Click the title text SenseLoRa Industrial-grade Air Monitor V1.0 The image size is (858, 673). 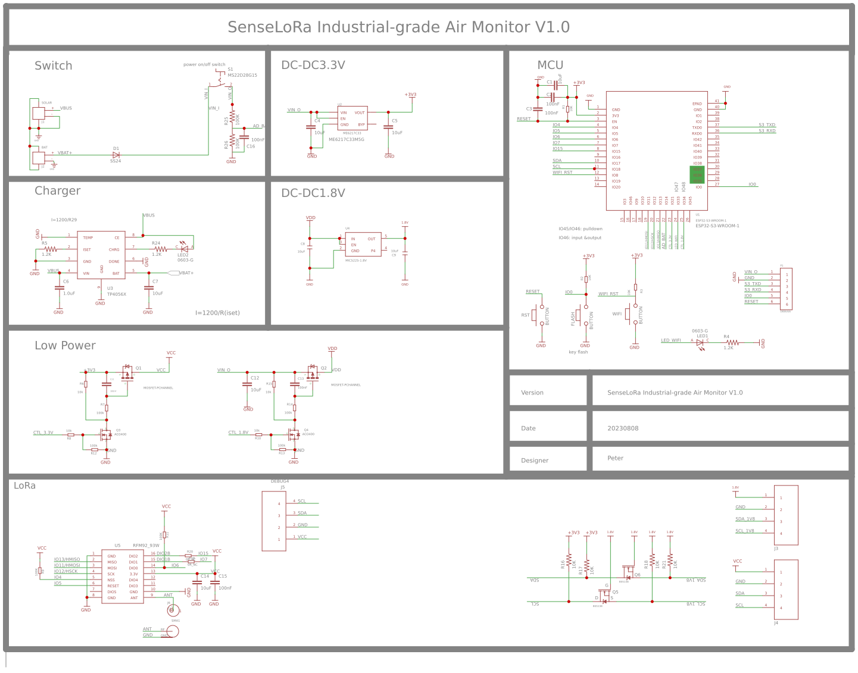tap(398, 27)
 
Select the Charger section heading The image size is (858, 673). tap(57, 191)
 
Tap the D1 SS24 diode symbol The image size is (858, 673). tap(116, 155)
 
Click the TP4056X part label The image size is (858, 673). tap(117, 295)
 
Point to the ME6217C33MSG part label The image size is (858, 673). tap(347, 140)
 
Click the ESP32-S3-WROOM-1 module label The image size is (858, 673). tap(717, 226)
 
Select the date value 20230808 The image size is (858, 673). tap(623, 428)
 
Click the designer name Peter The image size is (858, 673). tap(615, 458)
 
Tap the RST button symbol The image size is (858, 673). tap(538, 315)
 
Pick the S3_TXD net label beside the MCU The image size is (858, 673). tap(766, 125)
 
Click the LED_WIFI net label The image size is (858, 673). tap(670, 341)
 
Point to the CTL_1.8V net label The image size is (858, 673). tap(238, 433)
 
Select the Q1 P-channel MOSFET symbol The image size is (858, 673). tap(127, 373)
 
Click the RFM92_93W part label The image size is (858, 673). tap(146, 545)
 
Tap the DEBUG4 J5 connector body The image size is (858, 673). tap(274, 521)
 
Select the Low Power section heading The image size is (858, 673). tap(65, 346)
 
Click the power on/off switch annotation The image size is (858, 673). tap(204, 64)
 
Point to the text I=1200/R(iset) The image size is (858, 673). tap(217, 313)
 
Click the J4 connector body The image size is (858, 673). tap(785, 590)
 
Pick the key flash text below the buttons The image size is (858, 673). tap(578, 352)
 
